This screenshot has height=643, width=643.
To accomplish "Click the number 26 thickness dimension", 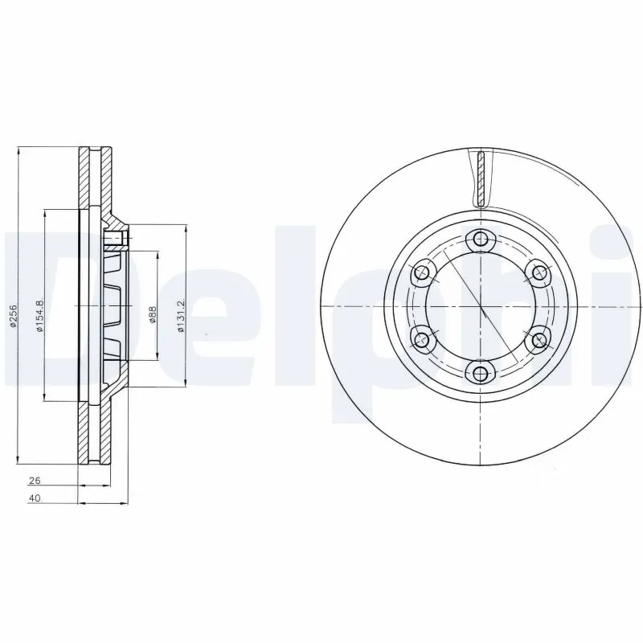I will click(35, 481).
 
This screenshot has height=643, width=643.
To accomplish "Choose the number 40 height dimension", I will click(35, 499).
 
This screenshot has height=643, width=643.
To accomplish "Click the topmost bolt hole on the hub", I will click(481, 239).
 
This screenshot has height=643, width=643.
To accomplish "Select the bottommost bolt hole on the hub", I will click(481, 372).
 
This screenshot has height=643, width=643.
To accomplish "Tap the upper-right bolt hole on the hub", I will click(539, 272).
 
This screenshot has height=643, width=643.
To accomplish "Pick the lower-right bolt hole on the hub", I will click(539, 338).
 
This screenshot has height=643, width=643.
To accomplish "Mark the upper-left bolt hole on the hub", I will click(421, 272).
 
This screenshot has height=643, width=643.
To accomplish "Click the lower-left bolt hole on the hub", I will click(421, 338).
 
